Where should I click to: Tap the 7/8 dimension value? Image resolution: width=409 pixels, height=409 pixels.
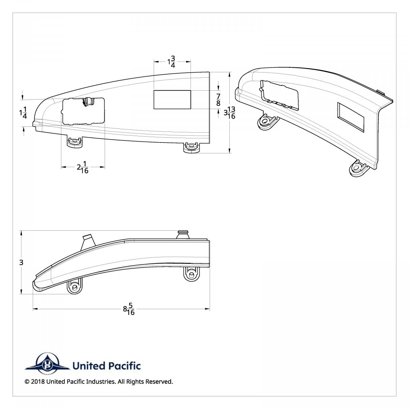[218, 100]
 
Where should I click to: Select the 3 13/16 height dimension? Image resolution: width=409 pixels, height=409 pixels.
[230, 112]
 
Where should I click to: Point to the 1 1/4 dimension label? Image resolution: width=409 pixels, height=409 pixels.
[23, 112]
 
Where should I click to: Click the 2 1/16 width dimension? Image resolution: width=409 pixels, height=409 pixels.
[83, 167]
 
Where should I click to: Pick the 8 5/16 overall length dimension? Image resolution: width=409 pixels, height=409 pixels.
[129, 309]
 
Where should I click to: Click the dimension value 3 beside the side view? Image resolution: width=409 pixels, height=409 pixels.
[21, 262]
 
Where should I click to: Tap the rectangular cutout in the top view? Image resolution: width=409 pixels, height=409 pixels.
[172, 100]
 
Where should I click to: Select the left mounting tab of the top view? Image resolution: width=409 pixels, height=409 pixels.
[75, 143]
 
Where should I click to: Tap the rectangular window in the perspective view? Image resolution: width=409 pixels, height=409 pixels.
[351, 117]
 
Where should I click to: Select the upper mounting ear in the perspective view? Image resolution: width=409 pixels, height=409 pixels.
[266, 121]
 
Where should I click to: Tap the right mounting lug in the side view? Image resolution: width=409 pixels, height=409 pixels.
[192, 274]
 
